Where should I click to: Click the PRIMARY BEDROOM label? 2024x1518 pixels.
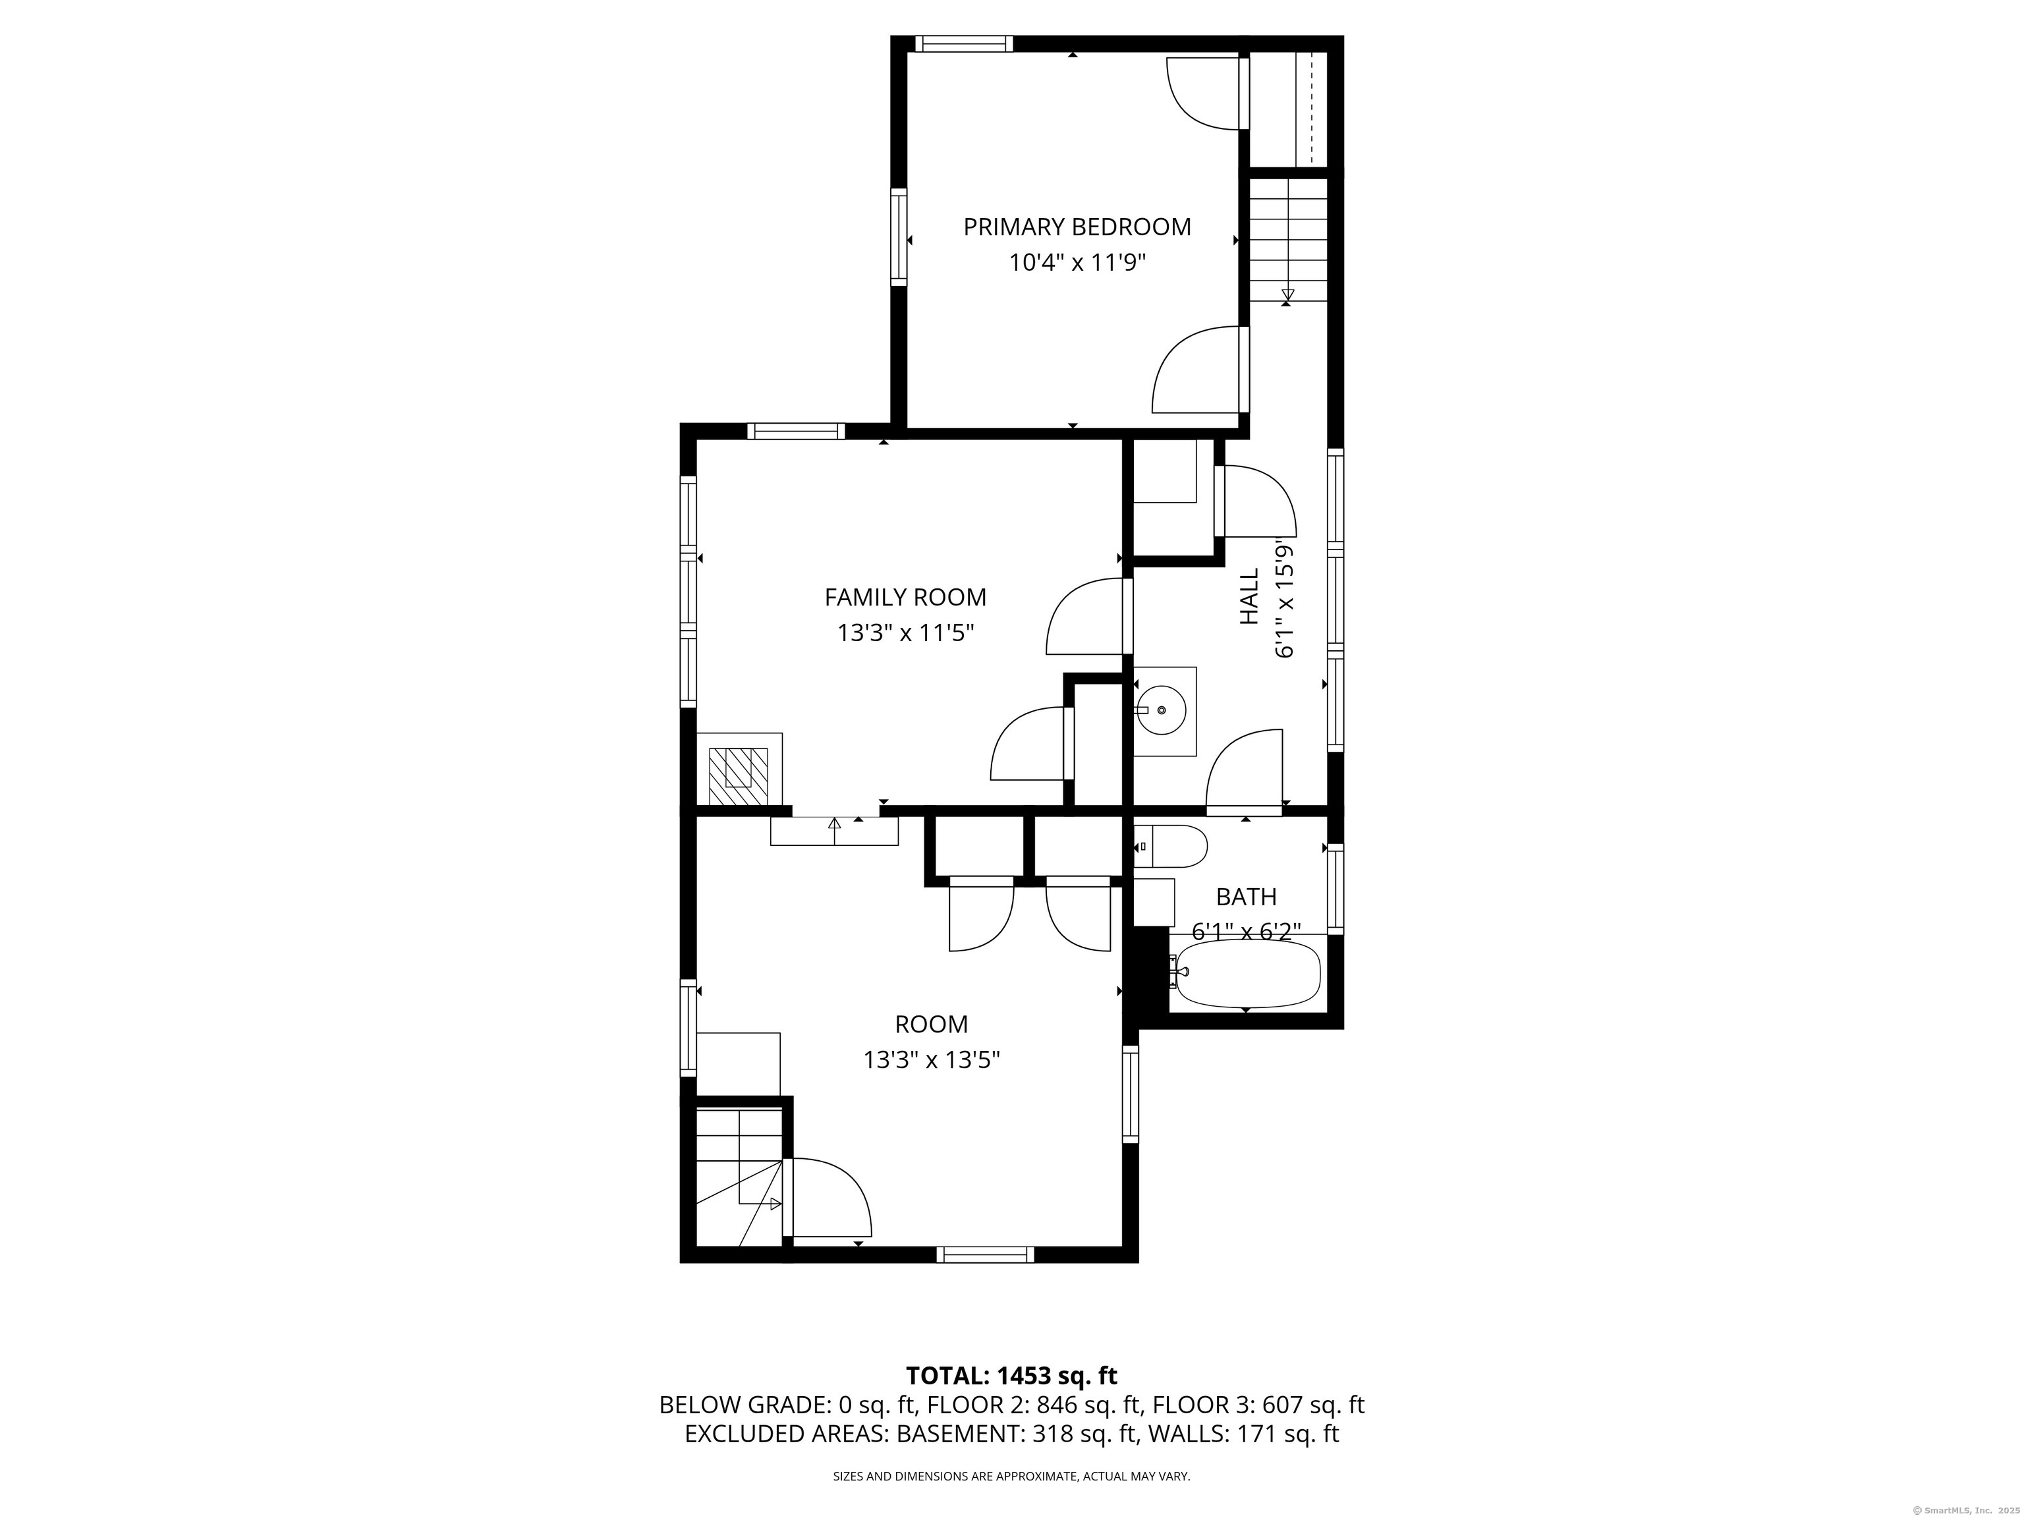[x=1077, y=227]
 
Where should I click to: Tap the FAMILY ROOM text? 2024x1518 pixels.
[x=905, y=598]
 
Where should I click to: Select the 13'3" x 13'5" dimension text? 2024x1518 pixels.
[x=932, y=1059]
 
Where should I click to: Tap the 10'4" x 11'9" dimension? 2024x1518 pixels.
[x=1077, y=264]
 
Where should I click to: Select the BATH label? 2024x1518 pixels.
[x=1247, y=897]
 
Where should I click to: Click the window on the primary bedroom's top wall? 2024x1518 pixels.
[x=965, y=43]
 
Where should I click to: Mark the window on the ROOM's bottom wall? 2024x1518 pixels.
[x=986, y=1254]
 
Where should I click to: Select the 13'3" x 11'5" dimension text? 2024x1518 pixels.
[x=905, y=633]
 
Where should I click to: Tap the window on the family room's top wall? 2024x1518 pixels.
[x=796, y=431]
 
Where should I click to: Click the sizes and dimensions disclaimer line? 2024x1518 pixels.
[x=1011, y=1476]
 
